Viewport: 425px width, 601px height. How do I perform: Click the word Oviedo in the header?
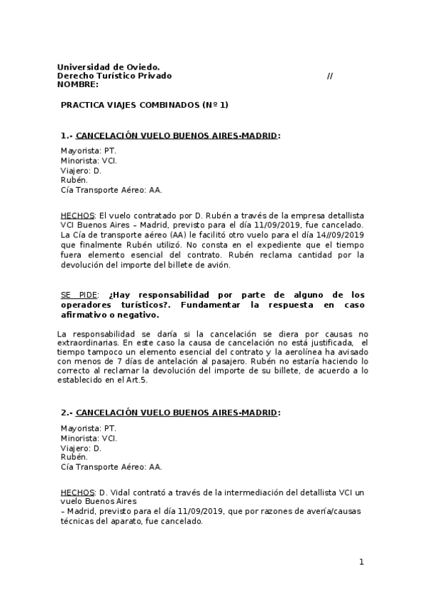141,67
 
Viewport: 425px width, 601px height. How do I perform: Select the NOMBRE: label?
77,84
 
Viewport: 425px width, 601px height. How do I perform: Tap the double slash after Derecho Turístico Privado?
330,76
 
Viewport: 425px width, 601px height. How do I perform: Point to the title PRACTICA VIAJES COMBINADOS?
144,104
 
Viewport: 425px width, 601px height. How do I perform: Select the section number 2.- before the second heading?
67,412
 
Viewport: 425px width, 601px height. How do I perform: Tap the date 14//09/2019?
338,235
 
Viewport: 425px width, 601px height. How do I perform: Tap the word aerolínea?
306,352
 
